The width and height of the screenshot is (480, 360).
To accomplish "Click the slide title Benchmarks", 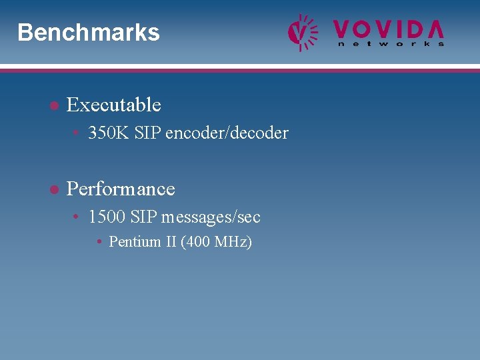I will (x=89, y=33).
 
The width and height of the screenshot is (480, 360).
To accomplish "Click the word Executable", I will (x=114, y=105).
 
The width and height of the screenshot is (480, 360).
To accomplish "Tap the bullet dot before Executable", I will (x=53, y=105).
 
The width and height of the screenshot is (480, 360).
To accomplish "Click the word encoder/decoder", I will (x=227, y=133).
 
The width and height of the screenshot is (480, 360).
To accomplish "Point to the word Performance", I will (x=121, y=189).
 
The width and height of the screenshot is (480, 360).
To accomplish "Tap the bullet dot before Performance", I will (x=53, y=190).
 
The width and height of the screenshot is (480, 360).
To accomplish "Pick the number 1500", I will (x=107, y=217).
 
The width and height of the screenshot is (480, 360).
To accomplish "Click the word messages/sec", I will (x=211, y=217).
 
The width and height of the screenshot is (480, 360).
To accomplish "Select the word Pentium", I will (x=135, y=242).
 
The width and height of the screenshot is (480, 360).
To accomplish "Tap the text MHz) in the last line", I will (x=233, y=242).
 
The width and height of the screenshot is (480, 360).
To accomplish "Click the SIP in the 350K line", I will (x=147, y=133).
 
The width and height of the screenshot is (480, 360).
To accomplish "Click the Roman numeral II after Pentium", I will (x=171, y=242).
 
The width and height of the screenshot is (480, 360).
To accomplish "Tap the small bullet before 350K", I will (x=77, y=133).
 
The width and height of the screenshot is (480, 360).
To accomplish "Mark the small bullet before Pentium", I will (x=99, y=242).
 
